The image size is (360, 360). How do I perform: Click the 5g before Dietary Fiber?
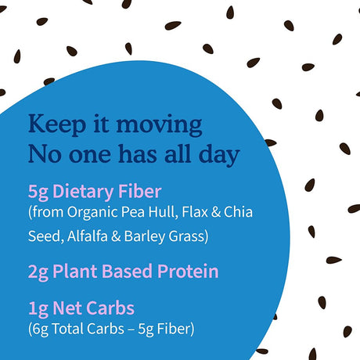(38, 191)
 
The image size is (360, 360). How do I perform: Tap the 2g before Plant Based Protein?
(38, 272)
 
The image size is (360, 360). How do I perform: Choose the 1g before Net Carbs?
(38, 308)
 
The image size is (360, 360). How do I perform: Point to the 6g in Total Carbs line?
(40, 329)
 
